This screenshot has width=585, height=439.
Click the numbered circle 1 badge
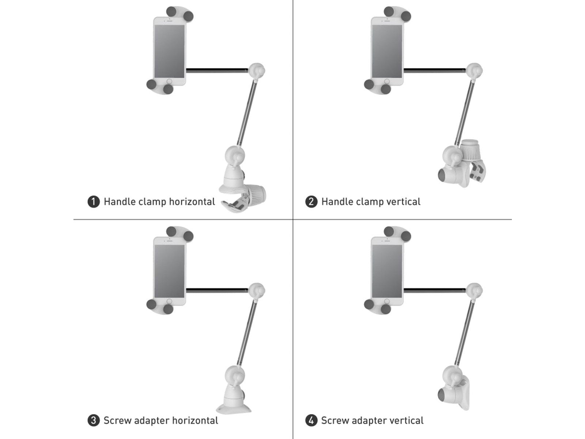pyautogui.click(x=94, y=202)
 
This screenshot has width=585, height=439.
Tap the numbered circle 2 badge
pyautogui.click(x=311, y=202)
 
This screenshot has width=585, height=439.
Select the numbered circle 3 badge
pyautogui.click(x=94, y=420)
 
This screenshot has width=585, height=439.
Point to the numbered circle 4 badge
pyautogui.click(x=311, y=420)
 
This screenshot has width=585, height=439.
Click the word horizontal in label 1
pyautogui.click(x=192, y=202)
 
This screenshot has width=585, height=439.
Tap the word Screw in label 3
pyautogui.click(x=117, y=420)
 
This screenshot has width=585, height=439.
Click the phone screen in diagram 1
pyautogui.click(x=170, y=52)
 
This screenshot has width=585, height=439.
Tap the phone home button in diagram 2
pyautogui.click(x=387, y=81)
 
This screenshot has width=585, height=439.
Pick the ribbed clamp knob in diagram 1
pyautogui.click(x=257, y=195)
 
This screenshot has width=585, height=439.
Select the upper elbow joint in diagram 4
pyautogui.click(x=474, y=291)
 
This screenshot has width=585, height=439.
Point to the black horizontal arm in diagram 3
pyautogui.click(x=217, y=290)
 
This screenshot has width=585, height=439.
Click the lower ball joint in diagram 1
pyautogui.click(x=234, y=155)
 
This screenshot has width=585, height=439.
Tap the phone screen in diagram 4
pyautogui.click(x=387, y=271)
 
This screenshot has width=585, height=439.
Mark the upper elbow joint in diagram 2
pyautogui.click(x=474, y=71)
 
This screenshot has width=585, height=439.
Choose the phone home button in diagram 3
pyautogui.click(x=169, y=301)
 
